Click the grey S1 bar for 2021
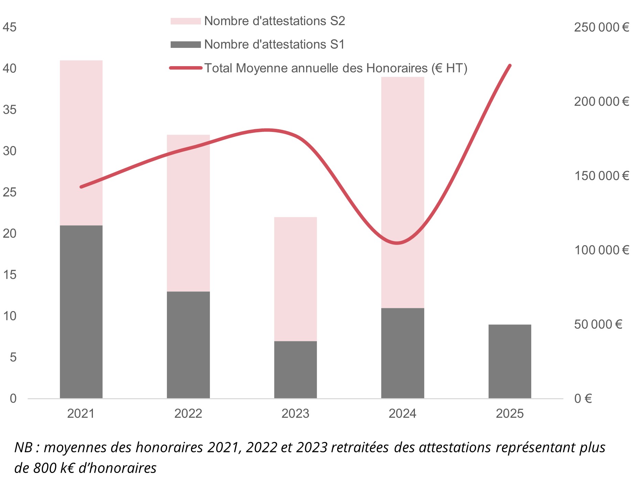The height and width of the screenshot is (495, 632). click(81, 312)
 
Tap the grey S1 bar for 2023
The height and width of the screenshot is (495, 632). click(295, 370)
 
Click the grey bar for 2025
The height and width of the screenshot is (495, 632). click(510, 361)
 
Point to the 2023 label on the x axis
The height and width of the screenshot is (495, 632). click(295, 413)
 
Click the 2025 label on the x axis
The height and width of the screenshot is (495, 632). click(510, 413)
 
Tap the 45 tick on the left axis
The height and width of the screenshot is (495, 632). click(10, 27)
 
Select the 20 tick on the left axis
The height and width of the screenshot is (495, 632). click(10, 234)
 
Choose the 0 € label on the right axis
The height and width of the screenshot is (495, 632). click(583, 399)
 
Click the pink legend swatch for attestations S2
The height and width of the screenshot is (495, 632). click(185, 21)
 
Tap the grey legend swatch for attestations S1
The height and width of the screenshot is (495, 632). click(185, 45)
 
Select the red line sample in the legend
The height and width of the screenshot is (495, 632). click(185, 68)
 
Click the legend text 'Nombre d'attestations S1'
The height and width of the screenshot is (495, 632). click(274, 44)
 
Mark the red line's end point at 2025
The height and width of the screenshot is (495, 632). click(510, 65)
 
